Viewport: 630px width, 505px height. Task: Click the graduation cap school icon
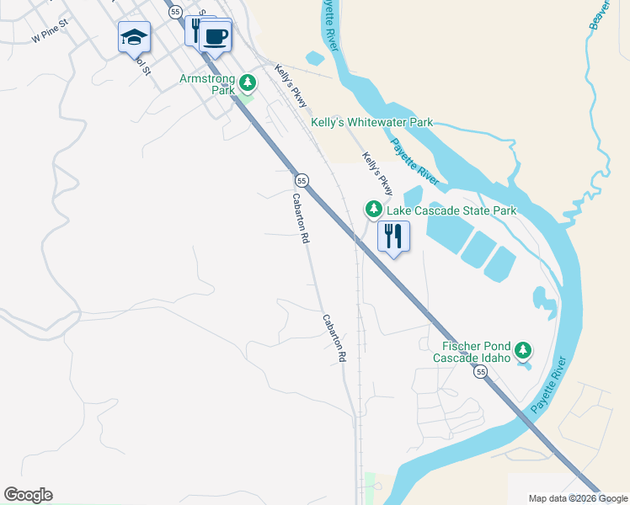tap(134, 37)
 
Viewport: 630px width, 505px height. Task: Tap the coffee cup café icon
tap(216, 37)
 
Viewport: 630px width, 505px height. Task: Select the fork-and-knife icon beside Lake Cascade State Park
tap(392, 237)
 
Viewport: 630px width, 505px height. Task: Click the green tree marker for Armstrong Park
tap(247, 83)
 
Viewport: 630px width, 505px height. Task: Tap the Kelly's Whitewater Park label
tap(371, 122)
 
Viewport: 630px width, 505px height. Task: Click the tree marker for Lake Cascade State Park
tap(372, 209)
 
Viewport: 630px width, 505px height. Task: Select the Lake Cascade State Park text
tap(451, 210)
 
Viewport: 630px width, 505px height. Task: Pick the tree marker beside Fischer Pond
tap(523, 350)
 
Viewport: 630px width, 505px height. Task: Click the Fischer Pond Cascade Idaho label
tap(472, 351)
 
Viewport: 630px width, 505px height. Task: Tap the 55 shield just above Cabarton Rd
tap(302, 180)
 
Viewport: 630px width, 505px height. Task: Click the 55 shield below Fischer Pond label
tap(480, 371)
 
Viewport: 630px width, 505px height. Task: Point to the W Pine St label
tap(49, 38)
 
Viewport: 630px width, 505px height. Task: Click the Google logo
tap(28, 495)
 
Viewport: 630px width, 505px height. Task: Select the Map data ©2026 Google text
tap(577, 498)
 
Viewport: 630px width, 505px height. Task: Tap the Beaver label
tap(600, 15)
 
